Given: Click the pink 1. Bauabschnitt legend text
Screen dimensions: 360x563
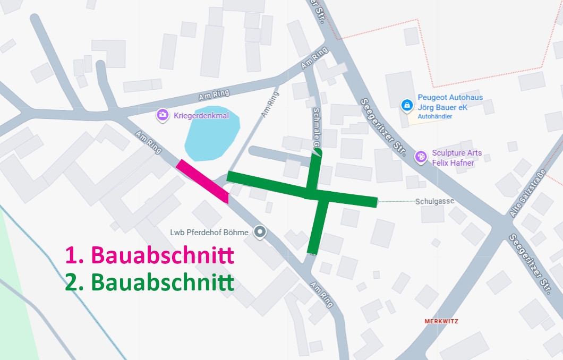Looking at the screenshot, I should click(x=149, y=255).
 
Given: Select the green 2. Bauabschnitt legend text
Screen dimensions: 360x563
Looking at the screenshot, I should click(x=149, y=282).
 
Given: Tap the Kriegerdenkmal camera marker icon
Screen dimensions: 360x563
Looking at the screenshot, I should click(x=162, y=115).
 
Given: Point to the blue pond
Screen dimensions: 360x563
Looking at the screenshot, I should click(x=211, y=136).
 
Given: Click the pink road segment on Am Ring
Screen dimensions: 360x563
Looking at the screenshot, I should click(x=203, y=181).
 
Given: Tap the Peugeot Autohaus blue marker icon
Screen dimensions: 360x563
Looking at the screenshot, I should click(x=407, y=105).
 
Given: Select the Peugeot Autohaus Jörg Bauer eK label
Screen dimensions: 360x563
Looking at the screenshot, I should click(x=450, y=102).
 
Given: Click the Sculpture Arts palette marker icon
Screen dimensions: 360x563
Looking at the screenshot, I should click(x=421, y=157).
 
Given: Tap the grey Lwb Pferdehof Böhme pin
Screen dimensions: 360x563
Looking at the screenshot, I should click(x=260, y=232).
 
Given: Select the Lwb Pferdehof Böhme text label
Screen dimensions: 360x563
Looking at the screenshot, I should click(x=209, y=233).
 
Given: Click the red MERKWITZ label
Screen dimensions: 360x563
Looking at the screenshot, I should click(x=441, y=321).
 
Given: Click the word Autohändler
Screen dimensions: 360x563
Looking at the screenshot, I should click(x=435, y=116).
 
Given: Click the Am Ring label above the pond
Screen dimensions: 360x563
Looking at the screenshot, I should click(x=214, y=95).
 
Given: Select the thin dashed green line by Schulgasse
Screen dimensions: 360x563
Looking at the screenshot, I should click(x=395, y=201).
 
